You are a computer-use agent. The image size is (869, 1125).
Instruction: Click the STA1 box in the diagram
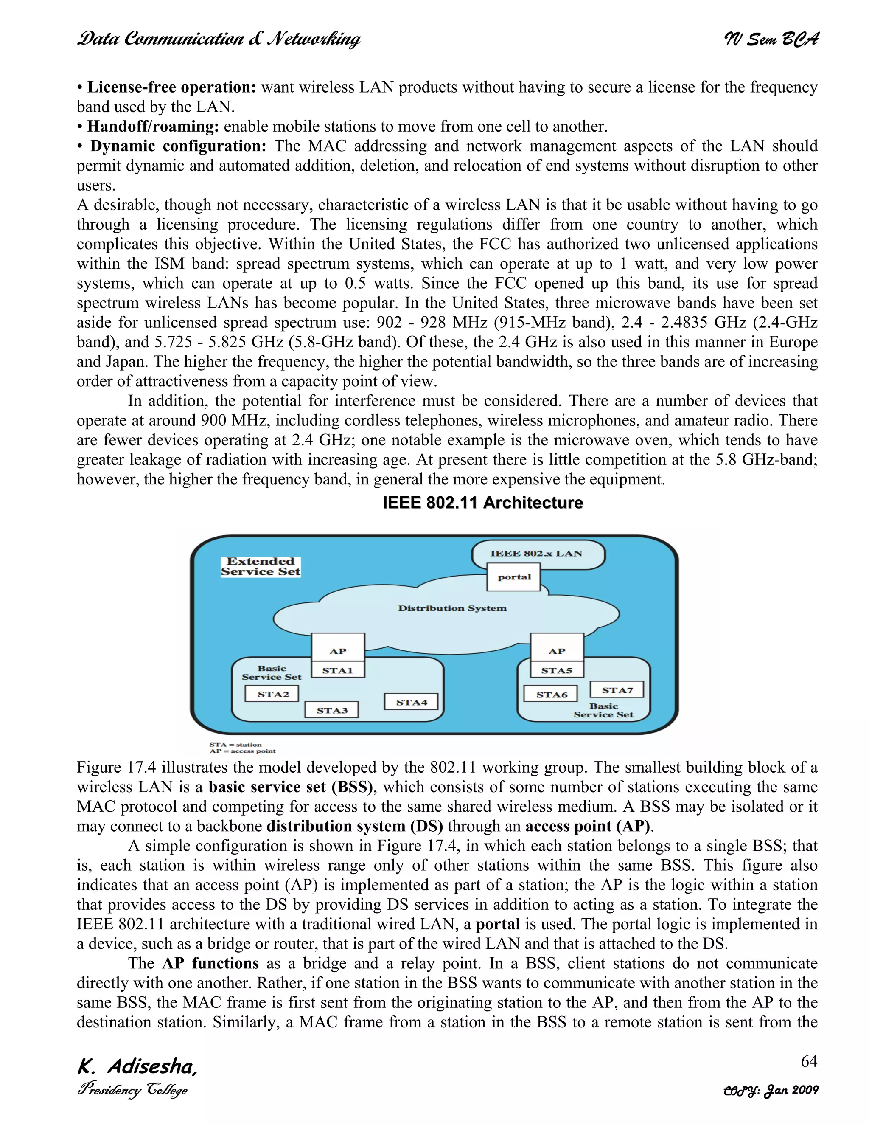coord(338,670)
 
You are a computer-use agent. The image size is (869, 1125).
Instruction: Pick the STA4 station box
coord(411,702)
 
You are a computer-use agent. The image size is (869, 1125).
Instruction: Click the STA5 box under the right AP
coord(557,670)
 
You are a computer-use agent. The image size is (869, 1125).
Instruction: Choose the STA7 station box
coord(617,690)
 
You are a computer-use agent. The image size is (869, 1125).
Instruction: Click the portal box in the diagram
coord(514,577)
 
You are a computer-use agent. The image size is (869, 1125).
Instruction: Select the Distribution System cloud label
coord(452,608)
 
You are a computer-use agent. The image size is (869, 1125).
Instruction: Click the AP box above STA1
coord(338,650)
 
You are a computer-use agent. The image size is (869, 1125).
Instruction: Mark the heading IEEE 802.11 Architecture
coord(482,503)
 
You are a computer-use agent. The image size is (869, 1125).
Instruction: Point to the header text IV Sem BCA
coord(771,39)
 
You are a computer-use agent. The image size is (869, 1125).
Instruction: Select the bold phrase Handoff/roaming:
coord(153,127)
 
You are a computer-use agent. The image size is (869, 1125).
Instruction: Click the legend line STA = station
coord(235,744)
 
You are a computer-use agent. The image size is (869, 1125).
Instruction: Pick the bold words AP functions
coord(210,963)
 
